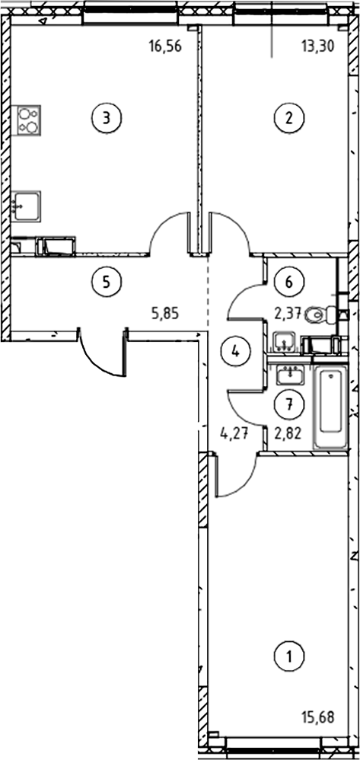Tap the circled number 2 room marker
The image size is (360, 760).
coord(288,117)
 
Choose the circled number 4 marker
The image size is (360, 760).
coord(235,351)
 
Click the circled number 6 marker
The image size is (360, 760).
coord(288,281)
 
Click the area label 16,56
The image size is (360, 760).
coord(165,47)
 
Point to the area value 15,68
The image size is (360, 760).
coord(318,717)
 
